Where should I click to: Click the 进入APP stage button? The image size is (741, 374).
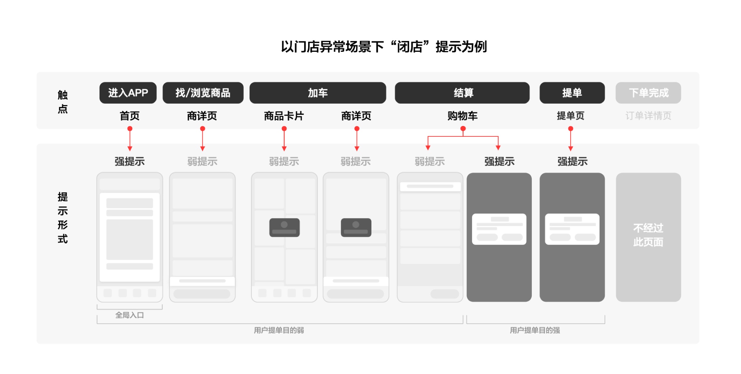tap(128, 93)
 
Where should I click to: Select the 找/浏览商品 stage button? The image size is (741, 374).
tap(203, 93)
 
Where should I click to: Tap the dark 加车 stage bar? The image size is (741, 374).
tap(318, 93)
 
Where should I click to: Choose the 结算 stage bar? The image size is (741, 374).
tap(462, 93)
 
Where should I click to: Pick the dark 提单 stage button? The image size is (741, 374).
tap(572, 93)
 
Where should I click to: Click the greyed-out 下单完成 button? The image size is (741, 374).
tap(648, 93)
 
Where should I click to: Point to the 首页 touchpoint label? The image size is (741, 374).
tap(129, 116)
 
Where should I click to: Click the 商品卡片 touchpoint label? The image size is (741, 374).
tap(284, 116)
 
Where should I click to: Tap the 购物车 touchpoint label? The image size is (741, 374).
tap(463, 116)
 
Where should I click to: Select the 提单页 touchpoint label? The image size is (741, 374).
tap(571, 116)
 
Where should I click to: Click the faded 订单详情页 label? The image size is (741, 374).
tap(648, 116)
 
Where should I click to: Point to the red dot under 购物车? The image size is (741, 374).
tap(463, 129)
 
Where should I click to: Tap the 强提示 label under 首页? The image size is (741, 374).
tap(129, 161)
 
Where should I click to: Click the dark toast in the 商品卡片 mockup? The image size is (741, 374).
tap(284, 227)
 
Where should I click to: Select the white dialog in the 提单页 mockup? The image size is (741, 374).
tap(572, 229)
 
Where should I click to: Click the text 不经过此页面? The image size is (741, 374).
tap(648, 235)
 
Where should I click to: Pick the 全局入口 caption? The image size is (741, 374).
tap(129, 315)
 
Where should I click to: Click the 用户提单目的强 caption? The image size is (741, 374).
tap(535, 330)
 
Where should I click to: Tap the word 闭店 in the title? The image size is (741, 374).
tap(410, 47)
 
